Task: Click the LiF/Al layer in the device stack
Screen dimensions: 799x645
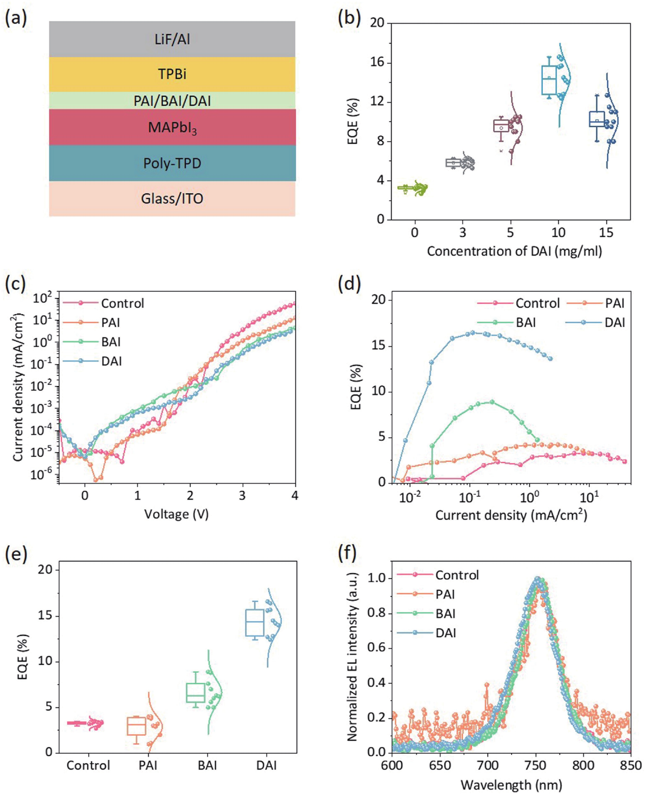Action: click(172, 39)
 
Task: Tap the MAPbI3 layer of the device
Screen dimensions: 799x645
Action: click(172, 127)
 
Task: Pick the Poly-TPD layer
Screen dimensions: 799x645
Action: click(172, 163)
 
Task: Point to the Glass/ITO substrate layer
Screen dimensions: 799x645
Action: click(172, 198)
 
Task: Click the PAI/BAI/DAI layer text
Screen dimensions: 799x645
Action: click(172, 101)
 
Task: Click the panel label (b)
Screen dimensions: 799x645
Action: click(349, 18)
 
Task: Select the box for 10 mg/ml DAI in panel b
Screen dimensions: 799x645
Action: click(549, 80)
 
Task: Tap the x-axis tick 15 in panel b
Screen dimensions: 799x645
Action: click(606, 233)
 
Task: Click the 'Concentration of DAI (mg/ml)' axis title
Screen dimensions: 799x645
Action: click(514, 252)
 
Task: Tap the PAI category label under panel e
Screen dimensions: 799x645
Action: click(148, 765)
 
